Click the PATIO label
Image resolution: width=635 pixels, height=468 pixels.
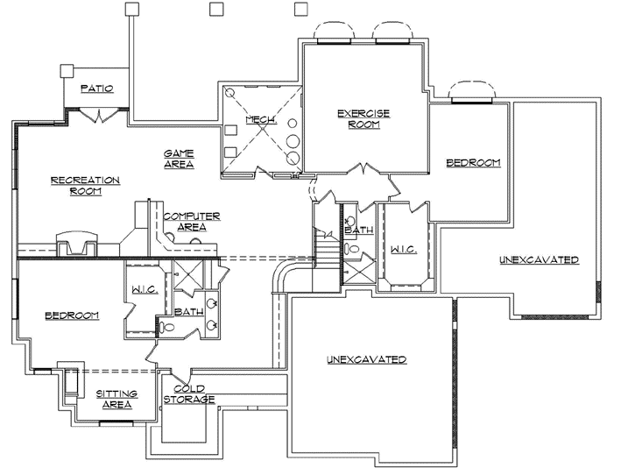coord(96,89)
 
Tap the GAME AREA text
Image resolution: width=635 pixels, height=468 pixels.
coord(178,159)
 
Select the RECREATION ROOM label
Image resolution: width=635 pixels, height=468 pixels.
coord(85,186)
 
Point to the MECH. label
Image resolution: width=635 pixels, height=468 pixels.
coord(261,120)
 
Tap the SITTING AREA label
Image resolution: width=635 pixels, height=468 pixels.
coord(114,399)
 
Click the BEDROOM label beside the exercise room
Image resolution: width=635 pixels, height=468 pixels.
coord(473,163)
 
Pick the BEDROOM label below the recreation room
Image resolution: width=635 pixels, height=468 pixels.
coord(72,315)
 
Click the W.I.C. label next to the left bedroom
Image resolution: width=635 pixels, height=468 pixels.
coord(145,289)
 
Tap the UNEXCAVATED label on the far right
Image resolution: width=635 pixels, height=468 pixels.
coord(539,260)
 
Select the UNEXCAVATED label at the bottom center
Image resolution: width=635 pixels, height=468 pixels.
coord(366,359)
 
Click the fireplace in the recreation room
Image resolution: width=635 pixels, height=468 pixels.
coord(74,242)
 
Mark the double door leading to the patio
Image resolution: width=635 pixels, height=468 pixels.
coord(100,115)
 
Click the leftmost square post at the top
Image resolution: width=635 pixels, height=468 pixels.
coord(132,9)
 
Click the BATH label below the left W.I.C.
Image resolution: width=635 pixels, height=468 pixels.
coord(189,311)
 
